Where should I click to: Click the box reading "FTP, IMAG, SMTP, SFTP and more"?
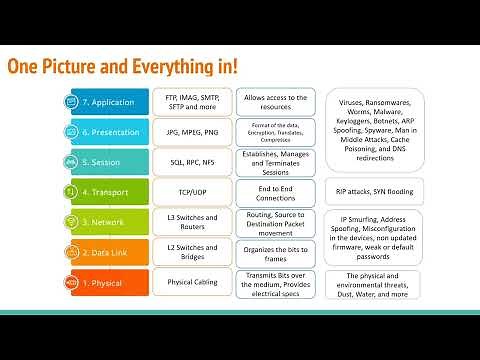[x=188, y=102]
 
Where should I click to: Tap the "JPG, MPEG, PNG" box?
[x=188, y=132]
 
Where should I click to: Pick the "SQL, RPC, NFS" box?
[x=188, y=162]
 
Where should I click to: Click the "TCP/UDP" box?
[x=188, y=191]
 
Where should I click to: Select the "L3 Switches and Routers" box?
[x=188, y=221]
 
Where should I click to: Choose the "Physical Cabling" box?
[x=188, y=283]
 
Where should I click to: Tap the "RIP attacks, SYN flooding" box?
[x=373, y=191]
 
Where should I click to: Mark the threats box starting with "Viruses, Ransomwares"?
[x=373, y=130]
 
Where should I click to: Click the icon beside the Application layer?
[x=73, y=102]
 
